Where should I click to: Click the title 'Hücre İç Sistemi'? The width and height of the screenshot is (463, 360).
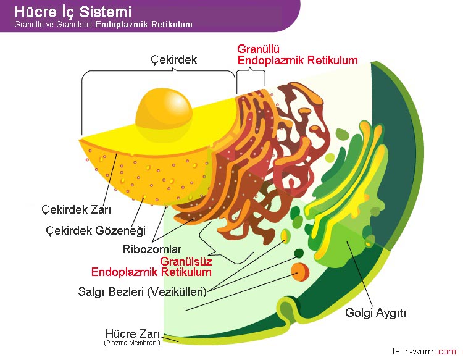point(72,12)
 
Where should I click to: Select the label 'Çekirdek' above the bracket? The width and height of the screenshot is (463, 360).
point(173,60)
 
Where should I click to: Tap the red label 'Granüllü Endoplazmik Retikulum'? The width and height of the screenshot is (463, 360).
point(298,55)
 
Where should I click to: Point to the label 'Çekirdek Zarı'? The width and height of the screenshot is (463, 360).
point(71,210)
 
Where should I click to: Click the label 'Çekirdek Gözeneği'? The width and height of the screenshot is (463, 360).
point(96,231)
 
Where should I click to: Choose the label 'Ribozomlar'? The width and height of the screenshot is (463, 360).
point(152,250)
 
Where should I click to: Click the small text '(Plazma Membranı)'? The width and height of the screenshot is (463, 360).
point(132,343)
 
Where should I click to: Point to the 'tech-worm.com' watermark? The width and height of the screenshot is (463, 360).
point(423,351)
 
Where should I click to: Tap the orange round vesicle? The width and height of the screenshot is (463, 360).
point(301,270)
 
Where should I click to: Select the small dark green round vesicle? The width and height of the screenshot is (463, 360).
point(299,253)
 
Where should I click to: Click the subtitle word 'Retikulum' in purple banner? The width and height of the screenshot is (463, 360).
point(173,25)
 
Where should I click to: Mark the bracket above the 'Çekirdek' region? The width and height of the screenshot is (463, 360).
point(159,72)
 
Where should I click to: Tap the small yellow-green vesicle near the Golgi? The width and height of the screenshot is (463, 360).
point(285,235)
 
